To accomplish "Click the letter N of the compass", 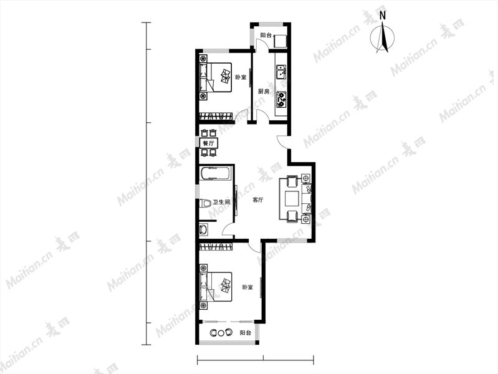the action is pyautogui.click(x=383, y=16).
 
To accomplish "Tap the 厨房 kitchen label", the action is pyautogui.click(x=263, y=92).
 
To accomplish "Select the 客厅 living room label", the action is pyautogui.click(x=258, y=200).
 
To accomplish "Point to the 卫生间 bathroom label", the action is pyautogui.click(x=221, y=202).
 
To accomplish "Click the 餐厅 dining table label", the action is pyautogui.click(x=208, y=143).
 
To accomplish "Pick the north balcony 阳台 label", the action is pyautogui.click(x=266, y=36).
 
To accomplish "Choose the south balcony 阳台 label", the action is pyautogui.click(x=245, y=333).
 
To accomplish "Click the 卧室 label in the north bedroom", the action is pyautogui.click(x=241, y=77).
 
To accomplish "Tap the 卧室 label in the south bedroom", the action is pyautogui.click(x=247, y=287).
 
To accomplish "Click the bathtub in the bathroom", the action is pyautogui.click(x=214, y=174).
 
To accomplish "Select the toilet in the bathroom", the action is pyautogui.click(x=206, y=203).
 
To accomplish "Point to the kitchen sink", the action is pyautogui.click(x=281, y=72).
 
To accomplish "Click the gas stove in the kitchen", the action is pyautogui.click(x=281, y=99).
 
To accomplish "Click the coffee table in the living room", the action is pyautogui.click(x=292, y=199).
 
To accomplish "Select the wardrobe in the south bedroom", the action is pyautogui.click(x=216, y=246).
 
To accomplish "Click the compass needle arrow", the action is pyautogui.click(x=383, y=37).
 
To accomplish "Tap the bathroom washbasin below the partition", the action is pyautogui.click(x=203, y=229).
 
